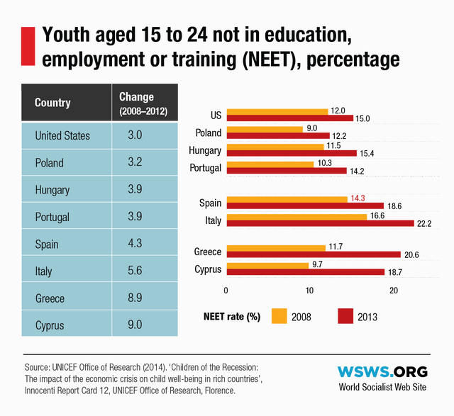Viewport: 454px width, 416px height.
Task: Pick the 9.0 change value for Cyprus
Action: [135, 325]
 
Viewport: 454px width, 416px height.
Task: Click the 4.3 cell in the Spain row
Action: [135, 244]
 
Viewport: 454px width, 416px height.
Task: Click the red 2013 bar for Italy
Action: [319, 224]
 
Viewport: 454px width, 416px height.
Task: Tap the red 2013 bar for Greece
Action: [312, 255]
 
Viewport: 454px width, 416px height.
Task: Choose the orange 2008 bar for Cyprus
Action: [267, 264]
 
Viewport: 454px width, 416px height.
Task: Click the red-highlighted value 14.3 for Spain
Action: [358, 198]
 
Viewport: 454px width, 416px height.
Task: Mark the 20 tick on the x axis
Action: [394, 290]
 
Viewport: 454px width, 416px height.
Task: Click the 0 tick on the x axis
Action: [226, 290]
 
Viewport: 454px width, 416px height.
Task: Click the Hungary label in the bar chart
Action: [206, 150]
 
